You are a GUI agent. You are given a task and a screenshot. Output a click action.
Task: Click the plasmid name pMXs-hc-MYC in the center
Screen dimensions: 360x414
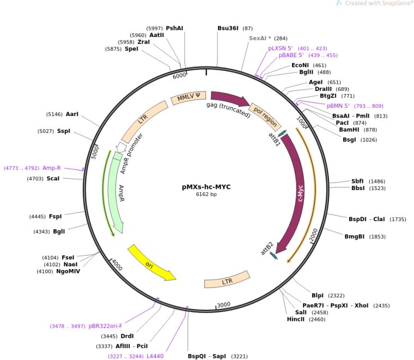pos(206,187)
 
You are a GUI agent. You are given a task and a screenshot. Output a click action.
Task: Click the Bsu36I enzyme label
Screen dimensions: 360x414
pos(228,28)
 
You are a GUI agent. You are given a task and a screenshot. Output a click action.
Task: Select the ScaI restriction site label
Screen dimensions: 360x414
pos(53,178)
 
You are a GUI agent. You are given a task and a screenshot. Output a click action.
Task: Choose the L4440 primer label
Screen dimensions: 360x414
pos(155,356)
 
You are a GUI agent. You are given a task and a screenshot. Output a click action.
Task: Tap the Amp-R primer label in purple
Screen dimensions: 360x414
pos(52,168)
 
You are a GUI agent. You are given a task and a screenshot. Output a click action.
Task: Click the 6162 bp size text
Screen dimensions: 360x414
pos(206,194)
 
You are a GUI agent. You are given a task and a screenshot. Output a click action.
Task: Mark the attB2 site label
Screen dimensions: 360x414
pos(266,248)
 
